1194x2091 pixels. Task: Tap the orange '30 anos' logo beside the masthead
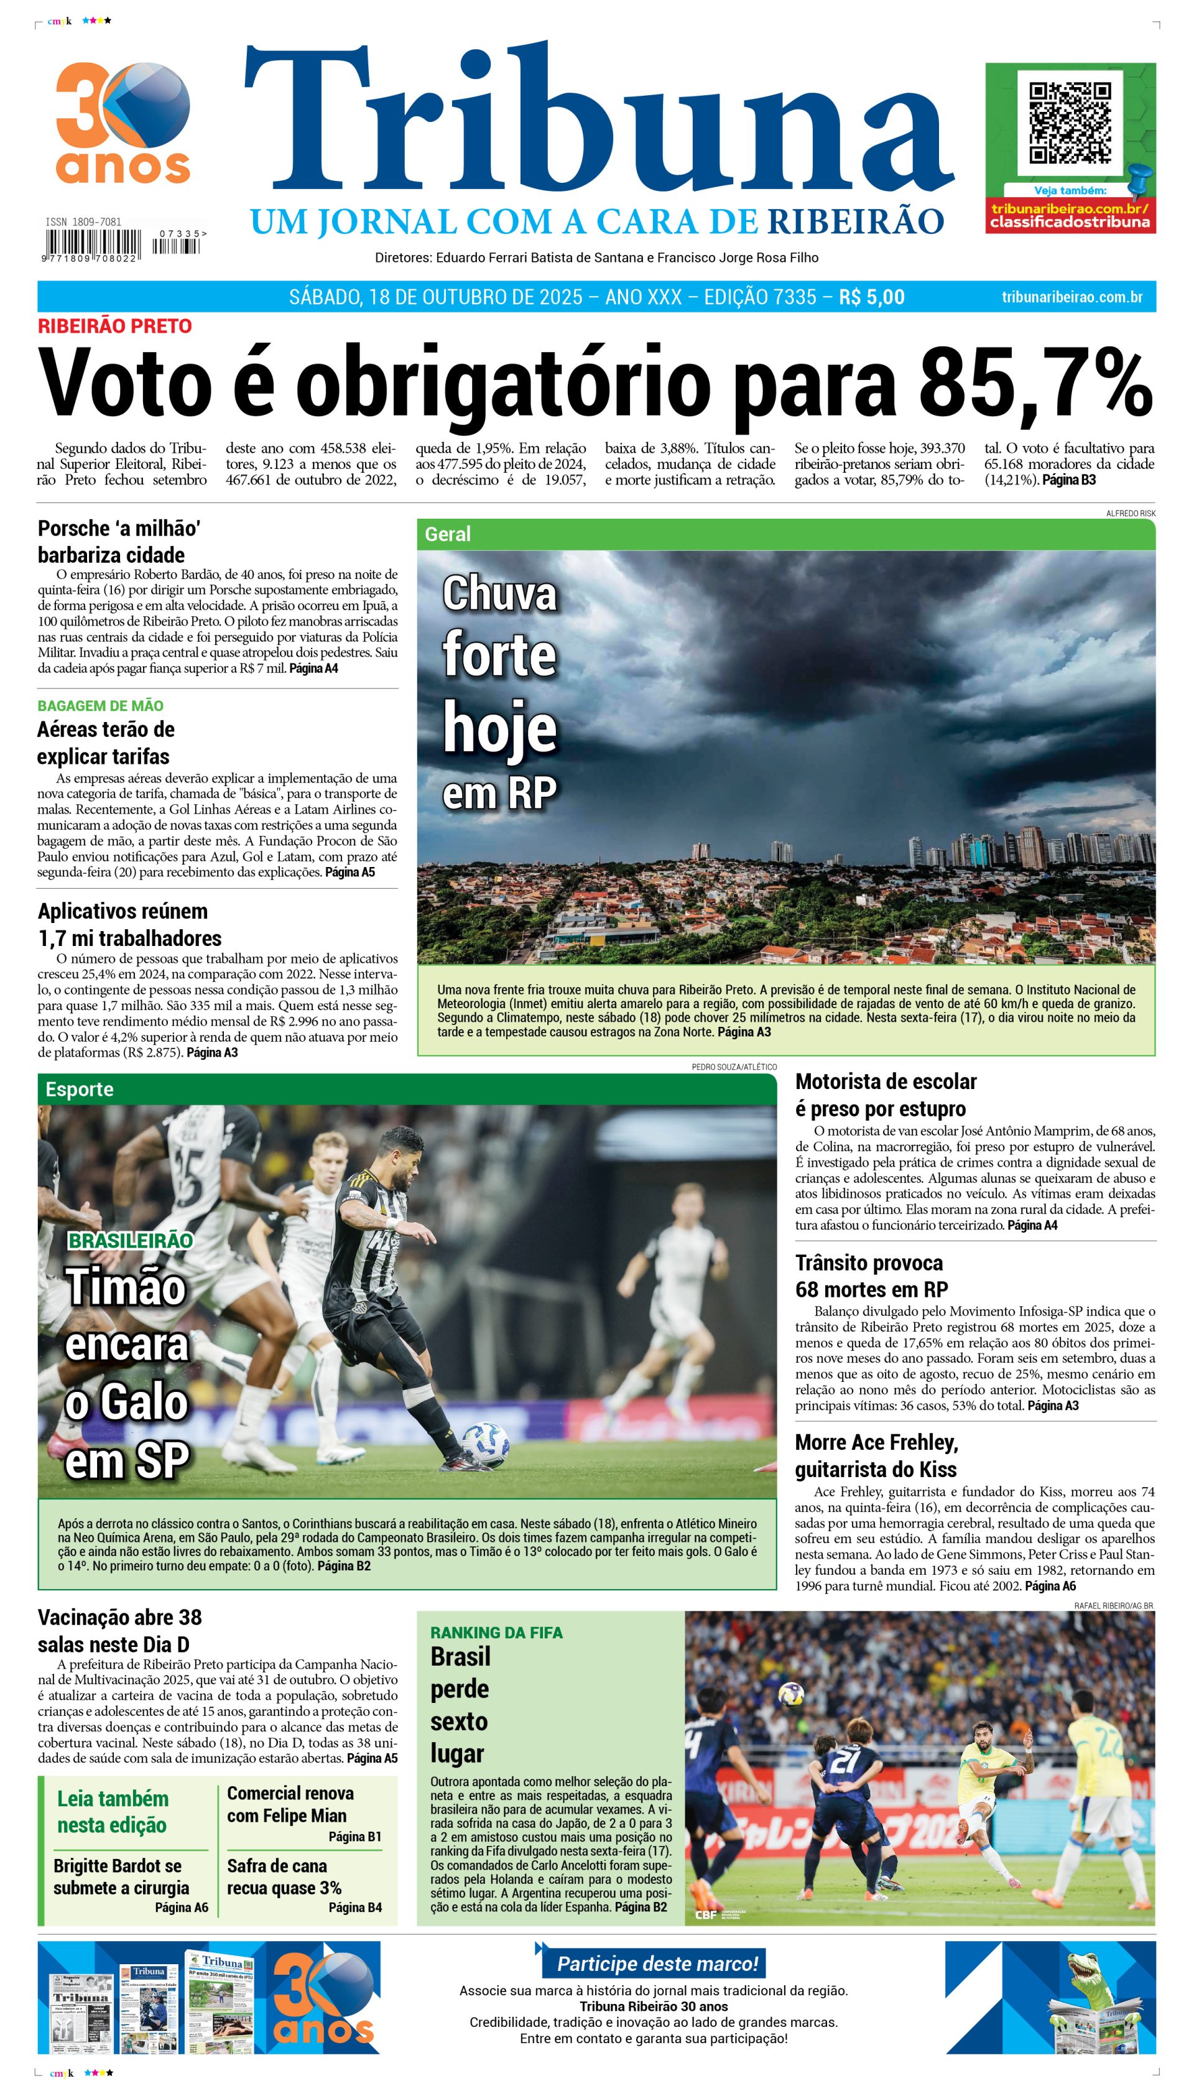pos(123,123)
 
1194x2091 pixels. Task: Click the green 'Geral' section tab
pos(448,534)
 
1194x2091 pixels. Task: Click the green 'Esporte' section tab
pos(80,1089)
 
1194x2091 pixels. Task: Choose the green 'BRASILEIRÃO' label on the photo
pos(131,1241)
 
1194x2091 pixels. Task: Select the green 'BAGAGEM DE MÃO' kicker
pos(100,705)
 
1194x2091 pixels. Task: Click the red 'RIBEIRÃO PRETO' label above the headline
pos(115,325)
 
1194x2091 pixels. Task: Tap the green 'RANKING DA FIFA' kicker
pos(496,1633)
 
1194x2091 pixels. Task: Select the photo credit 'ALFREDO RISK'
pos(1130,513)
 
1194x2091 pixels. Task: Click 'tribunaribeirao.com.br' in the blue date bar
pos(1072,297)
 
